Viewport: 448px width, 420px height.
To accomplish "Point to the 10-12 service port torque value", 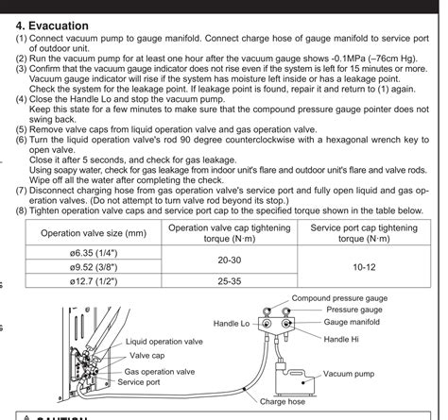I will point(364,267).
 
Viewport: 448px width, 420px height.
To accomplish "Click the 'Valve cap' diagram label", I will point(147,357).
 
